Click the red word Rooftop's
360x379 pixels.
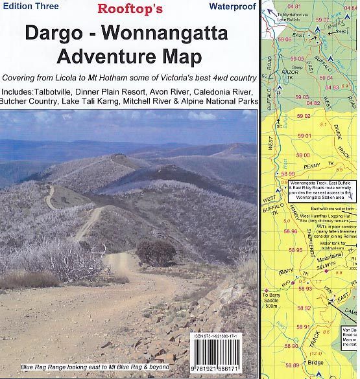tap(130, 9)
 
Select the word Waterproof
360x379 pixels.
tap(232, 6)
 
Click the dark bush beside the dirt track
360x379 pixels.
tap(156, 252)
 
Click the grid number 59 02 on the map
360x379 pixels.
tap(303, 116)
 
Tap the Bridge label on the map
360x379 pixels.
tap(315, 363)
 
